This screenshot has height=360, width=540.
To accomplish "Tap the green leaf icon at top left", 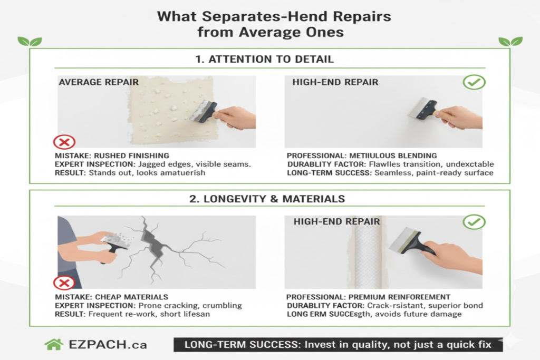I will tap(30, 41).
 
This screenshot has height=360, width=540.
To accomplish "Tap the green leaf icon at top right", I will tap(510, 41).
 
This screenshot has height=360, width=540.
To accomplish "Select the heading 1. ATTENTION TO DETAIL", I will tap(264, 59).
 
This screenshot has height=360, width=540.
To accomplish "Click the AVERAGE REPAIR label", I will tap(99, 82).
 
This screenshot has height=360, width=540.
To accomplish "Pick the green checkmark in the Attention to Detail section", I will tap(474, 82).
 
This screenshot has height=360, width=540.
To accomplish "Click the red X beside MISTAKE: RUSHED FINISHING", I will tap(64, 141).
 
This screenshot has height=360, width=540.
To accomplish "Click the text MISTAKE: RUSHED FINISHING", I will tap(112, 155).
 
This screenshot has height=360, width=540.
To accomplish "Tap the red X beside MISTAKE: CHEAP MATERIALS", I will tap(64, 284).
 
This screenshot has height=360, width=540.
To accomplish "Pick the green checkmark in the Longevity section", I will tap(474, 222).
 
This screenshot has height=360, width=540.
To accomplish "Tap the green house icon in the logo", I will tap(53, 345).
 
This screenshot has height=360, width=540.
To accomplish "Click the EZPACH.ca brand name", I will tap(108, 345).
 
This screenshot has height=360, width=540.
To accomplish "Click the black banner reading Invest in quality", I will tap(337, 345).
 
